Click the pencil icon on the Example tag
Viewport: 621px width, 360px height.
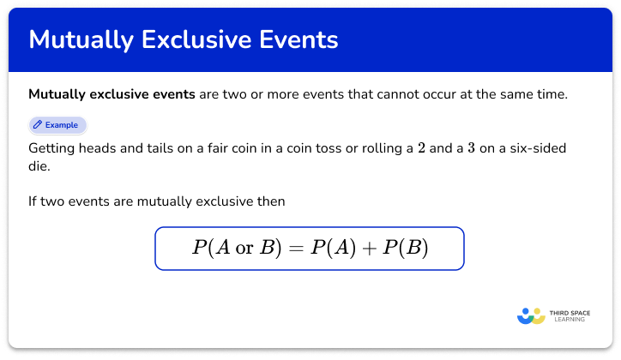(38, 125)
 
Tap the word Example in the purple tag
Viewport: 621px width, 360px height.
(62, 125)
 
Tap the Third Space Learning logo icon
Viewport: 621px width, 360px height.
(531, 316)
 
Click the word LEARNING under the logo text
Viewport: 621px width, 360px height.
(570, 321)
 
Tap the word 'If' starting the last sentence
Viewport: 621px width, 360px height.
(33, 202)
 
